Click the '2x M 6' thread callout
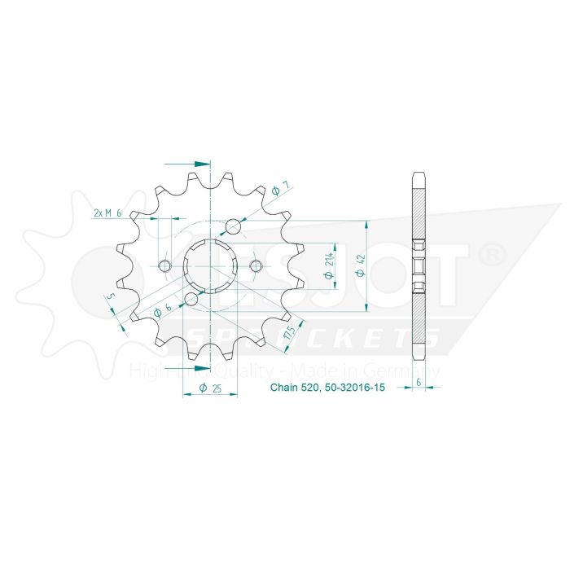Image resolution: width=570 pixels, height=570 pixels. tap(107, 213)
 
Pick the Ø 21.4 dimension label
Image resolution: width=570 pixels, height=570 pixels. tap(328, 265)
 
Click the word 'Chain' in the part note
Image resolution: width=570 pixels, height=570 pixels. tap(284, 388)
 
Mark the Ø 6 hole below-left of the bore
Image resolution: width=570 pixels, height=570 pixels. tap(191, 299)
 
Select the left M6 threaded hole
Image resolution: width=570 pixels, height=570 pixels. tap(165, 266)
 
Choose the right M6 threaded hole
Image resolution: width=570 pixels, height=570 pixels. tap(256, 266)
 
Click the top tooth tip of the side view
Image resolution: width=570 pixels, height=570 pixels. tap(419, 175)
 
